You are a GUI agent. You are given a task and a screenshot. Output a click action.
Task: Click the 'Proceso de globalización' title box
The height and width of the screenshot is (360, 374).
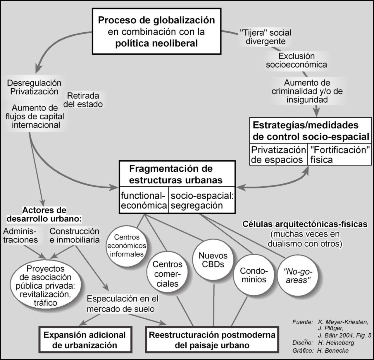tap(156, 31)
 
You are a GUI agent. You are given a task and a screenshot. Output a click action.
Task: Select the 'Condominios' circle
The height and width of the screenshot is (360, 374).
tap(253, 275)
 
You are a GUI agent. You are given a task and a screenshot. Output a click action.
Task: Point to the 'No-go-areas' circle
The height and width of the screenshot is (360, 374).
tap(297, 275)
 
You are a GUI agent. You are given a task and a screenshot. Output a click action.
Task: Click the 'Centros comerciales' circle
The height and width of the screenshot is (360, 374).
tap(167, 274)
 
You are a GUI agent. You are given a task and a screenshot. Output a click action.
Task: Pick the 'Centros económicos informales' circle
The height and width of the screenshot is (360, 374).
tap(127, 246)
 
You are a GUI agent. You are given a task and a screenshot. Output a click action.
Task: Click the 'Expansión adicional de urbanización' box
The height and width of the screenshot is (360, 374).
tap(85, 340)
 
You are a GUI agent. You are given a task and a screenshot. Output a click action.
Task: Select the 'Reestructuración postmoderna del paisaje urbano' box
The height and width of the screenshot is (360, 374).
tap(212, 340)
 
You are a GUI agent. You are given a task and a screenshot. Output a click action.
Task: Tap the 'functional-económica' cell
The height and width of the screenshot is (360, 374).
tap(144, 200)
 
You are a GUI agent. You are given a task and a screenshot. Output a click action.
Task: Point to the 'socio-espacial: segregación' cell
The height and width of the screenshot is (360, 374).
tap(202, 200)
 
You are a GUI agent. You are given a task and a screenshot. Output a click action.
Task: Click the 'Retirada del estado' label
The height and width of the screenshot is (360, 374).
tap(83, 100)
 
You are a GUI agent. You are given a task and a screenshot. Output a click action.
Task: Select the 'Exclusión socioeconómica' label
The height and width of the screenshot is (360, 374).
tap(296, 60)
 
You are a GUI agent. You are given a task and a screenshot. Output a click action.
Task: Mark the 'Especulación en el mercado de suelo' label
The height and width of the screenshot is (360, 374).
tap(123, 303)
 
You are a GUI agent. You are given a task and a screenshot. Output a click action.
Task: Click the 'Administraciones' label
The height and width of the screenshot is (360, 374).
tap(20, 235)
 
